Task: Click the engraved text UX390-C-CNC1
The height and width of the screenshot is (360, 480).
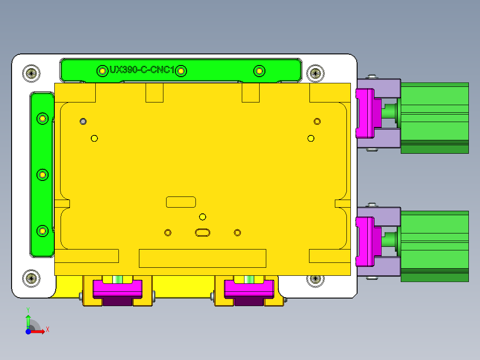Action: [142, 70]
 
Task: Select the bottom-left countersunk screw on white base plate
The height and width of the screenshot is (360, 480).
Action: [31, 279]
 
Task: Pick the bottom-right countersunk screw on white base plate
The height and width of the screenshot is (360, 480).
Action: [315, 279]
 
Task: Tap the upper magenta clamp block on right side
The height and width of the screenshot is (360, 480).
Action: [365, 113]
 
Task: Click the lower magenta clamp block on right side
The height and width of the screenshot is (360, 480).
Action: [365, 241]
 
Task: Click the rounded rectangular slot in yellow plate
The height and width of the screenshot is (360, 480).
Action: [181, 202]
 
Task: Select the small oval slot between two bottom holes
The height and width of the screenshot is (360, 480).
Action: [203, 232]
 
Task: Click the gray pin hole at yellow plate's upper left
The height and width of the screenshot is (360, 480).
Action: [83, 121]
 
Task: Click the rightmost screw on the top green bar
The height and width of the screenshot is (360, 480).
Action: [259, 71]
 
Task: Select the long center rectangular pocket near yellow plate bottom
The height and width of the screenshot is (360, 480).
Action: [203, 258]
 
